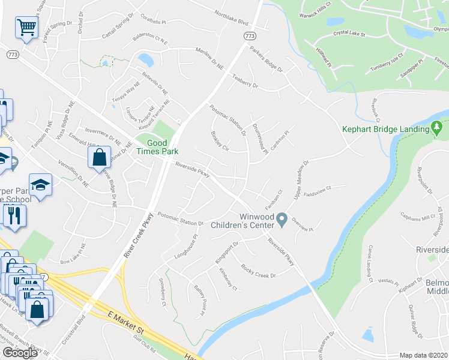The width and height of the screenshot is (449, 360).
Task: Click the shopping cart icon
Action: [x=27, y=28]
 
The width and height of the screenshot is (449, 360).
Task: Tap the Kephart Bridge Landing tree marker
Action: [x=438, y=128]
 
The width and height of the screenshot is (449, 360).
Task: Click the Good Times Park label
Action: [x=157, y=148]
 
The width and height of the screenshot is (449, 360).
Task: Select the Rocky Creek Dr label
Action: [x=258, y=271]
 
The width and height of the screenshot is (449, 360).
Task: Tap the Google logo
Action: [x=20, y=352]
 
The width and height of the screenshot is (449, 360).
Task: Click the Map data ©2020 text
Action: [x=423, y=355]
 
